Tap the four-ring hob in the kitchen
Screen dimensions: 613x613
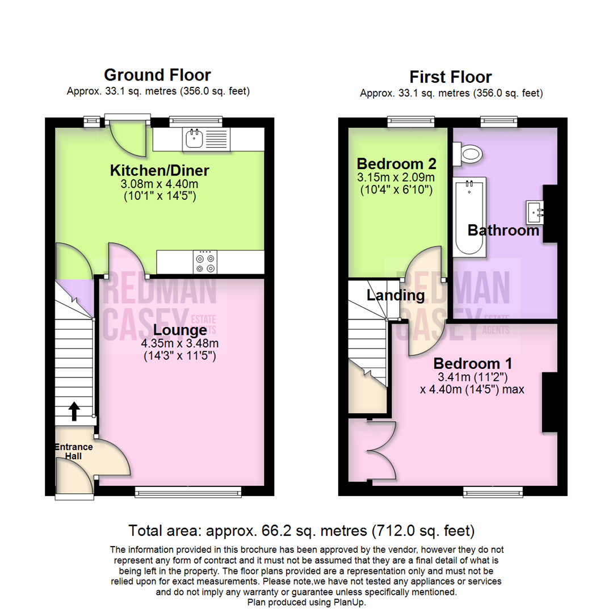pyautogui.click(x=205, y=262)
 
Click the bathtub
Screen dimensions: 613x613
pyautogui.click(x=469, y=217)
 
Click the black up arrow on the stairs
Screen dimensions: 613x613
pyautogui.click(x=74, y=412)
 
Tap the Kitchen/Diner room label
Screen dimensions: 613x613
pyautogui.click(x=159, y=170)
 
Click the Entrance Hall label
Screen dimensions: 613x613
pyautogui.click(x=73, y=451)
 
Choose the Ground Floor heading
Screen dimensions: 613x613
pyautogui.click(x=157, y=75)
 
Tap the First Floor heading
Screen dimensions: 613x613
pyautogui.click(x=451, y=77)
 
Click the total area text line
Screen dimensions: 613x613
pyautogui.click(x=301, y=531)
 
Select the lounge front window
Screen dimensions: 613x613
pyautogui.click(x=188, y=492)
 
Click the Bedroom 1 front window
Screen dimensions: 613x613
pyautogui.click(x=493, y=492)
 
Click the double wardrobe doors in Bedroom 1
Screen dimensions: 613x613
pyautogui.click(x=380, y=451)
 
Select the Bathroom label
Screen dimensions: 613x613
pyautogui.click(x=503, y=230)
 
